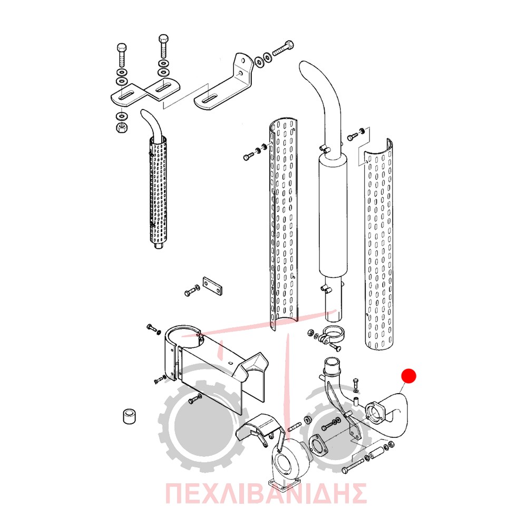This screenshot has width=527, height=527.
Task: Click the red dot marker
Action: click(409, 376)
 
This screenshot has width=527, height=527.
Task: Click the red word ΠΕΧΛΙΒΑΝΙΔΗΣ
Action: click(266, 494)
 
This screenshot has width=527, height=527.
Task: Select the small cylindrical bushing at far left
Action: click(129, 416)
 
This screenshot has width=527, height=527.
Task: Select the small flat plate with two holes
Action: click(212, 286)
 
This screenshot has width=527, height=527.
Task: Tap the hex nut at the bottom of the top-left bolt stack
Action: click(121, 128)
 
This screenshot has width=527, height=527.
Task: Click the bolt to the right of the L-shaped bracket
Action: click(283, 48)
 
